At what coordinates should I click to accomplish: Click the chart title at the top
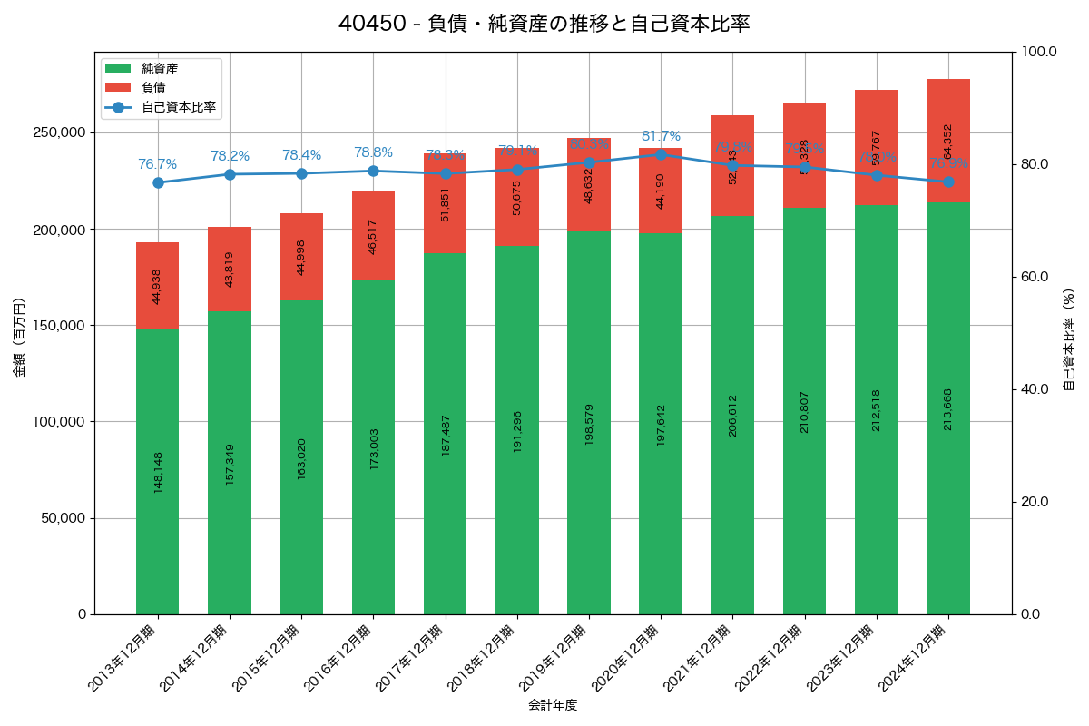[544, 24]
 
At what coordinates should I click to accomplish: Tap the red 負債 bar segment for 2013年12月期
[158, 285]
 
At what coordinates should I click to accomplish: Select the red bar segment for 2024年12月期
[948, 141]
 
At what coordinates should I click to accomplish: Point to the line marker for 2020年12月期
[661, 154]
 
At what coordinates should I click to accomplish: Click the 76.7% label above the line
[158, 164]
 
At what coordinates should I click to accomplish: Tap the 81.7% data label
[661, 136]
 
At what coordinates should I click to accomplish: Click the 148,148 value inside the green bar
[158, 472]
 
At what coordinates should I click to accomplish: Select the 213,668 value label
[948, 409]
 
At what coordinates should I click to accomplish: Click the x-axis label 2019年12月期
[555, 659]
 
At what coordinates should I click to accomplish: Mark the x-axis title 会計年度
[553, 704]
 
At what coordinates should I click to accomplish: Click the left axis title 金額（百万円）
[19, 338]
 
